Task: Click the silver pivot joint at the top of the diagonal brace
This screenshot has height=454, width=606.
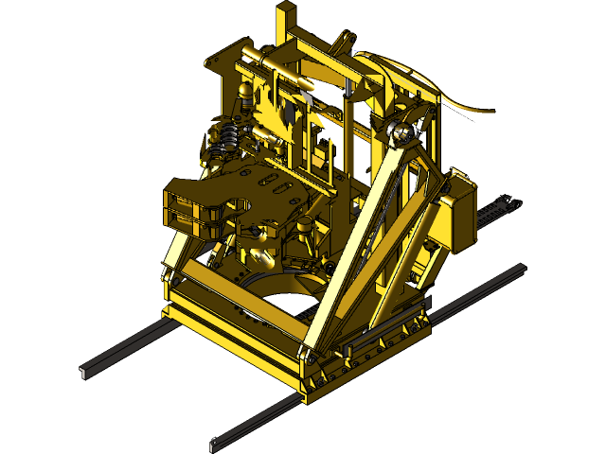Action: [x=401, y=133]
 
